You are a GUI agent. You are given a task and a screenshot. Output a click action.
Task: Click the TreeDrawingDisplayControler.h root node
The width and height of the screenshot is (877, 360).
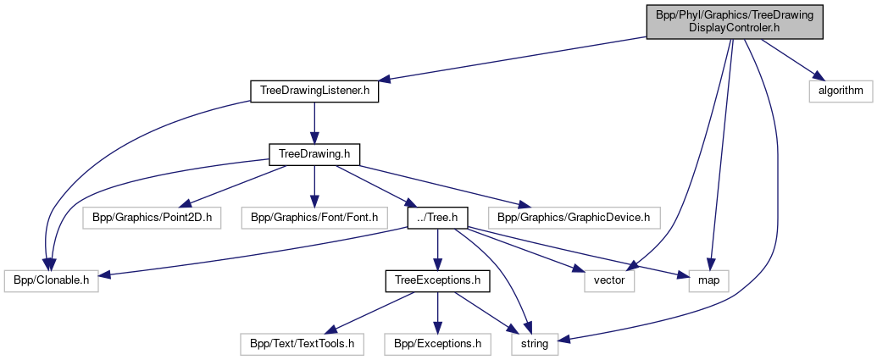[x=735, y=20]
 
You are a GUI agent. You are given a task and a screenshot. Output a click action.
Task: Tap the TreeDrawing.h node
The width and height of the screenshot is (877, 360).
[x=314, y=154]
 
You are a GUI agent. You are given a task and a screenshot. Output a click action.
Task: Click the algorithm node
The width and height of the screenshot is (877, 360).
[x=840, y=90]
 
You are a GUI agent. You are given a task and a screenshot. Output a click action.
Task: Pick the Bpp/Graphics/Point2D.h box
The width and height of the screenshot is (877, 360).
[x=153, y=218]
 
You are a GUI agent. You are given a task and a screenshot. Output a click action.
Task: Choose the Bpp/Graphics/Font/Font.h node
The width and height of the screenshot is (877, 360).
[x=314, y=218]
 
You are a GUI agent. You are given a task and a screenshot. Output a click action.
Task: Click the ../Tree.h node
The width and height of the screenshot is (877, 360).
[x=437, y=218]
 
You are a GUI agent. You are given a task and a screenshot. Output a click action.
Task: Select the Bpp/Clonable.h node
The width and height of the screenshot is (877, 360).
[x=51, y=280]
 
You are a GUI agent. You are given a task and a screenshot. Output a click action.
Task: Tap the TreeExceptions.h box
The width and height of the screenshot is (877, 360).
[x=437, y=280]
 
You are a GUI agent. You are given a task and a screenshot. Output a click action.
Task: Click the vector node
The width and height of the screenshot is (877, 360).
[x=609, y=280]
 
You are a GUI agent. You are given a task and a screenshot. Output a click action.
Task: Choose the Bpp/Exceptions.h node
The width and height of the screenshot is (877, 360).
[x=437, y=344]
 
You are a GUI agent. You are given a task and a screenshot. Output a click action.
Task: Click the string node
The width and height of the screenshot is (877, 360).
[x=535, y=344]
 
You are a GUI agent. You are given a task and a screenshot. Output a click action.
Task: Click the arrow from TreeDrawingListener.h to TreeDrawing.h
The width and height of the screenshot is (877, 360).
[x=314, y=122]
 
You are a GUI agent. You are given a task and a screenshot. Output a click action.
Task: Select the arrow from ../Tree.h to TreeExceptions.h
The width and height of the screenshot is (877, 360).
[x=437, y=249]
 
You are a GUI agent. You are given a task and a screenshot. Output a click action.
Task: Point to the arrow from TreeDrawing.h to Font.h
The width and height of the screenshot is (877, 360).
[x=314, y=186]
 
